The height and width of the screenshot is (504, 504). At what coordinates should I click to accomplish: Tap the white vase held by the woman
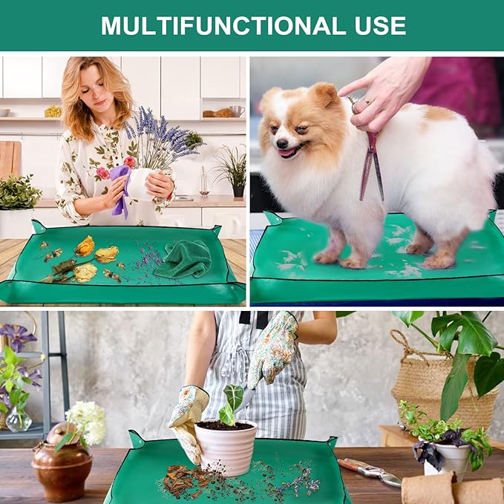pos(140,183)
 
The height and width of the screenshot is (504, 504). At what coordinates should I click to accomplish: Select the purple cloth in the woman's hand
pos(120,190)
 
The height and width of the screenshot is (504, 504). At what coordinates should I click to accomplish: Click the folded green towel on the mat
pos(184,258)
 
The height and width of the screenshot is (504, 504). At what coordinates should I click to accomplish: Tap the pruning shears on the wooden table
pos(369,471)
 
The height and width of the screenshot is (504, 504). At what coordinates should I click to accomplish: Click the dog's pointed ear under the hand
pos(324,94)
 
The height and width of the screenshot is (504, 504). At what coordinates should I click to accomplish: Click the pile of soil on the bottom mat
pos(186,479)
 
